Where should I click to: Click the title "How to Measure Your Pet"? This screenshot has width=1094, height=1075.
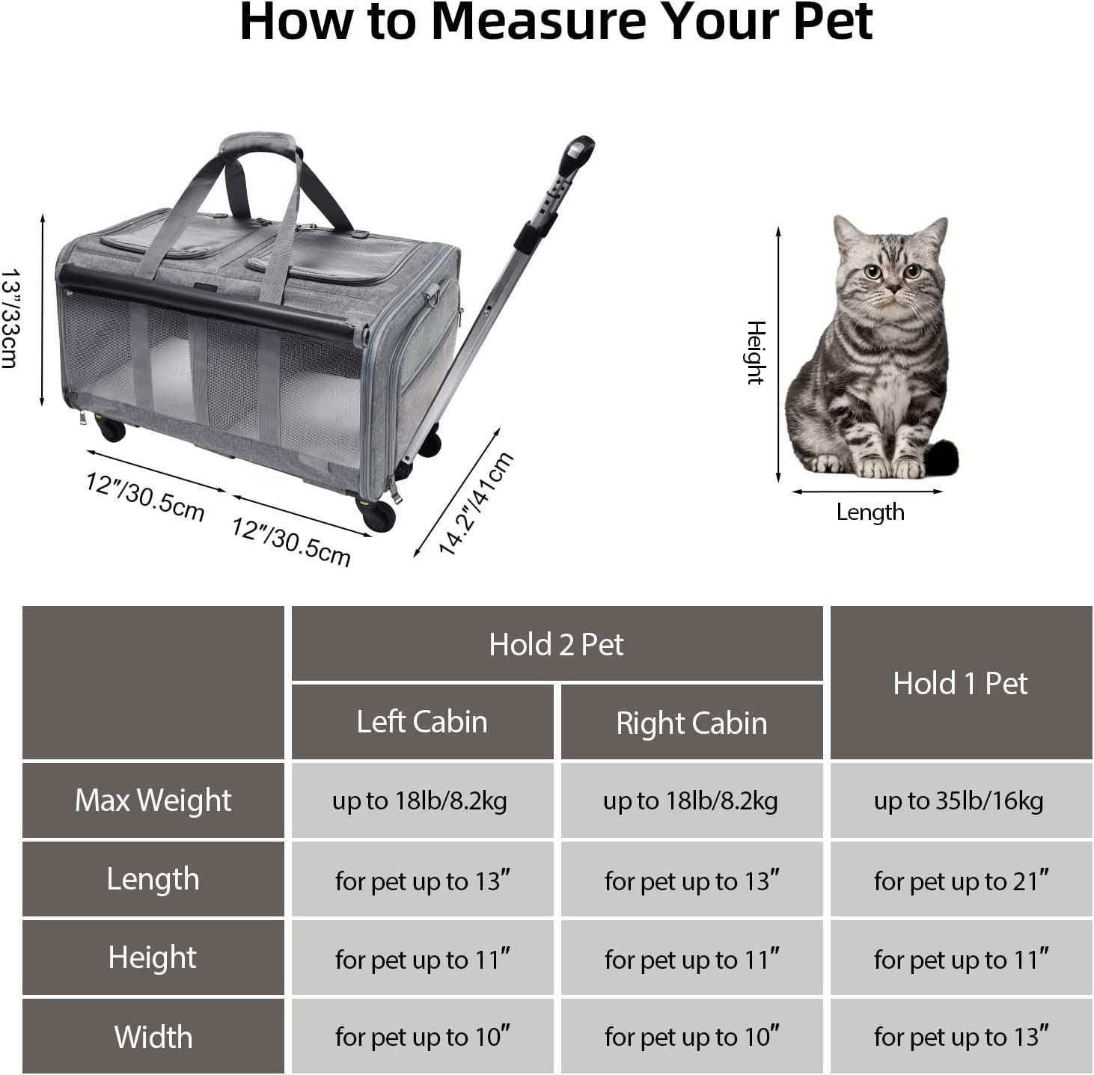point(556,22)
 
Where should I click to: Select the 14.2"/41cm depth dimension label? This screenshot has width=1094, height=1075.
point(476,503)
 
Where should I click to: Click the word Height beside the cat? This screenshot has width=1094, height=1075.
point(756,352)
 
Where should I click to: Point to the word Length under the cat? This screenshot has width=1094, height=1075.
point(870,512)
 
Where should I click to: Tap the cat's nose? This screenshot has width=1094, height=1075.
point(893,289)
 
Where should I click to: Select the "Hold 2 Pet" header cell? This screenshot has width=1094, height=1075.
point(557,643)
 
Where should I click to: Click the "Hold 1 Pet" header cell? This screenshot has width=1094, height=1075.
point(961,682)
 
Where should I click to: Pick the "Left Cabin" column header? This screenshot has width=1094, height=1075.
point(422,721)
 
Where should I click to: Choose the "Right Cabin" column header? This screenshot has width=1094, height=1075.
point(691,721)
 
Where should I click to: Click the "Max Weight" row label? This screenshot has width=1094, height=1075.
point(153,800)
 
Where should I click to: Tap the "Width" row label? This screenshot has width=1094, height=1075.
point(153,1036)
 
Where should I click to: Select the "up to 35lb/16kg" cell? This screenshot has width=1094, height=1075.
point(961,800)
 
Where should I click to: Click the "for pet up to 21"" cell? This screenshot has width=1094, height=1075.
point(961,879)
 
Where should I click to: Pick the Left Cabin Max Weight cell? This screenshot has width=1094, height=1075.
point(422,800)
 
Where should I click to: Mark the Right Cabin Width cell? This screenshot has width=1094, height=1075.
point(691,1036)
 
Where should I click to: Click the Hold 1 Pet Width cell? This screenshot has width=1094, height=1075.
point(961,1036)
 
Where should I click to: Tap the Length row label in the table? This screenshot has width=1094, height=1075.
point(153,879)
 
